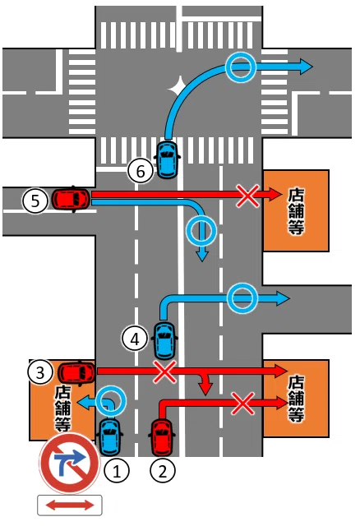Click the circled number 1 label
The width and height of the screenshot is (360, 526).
tap(117, 471)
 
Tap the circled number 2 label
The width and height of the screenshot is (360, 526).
tap(163, 471)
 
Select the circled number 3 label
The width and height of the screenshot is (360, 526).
tap(40, 371)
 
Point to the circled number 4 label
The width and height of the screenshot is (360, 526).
tap(135, 339)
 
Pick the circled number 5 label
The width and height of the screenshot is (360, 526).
tap(35, 201)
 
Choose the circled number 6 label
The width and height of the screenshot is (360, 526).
tap(141, 171)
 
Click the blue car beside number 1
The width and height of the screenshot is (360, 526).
tap(109, 436)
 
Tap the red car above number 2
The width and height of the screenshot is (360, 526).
tap(162, 437)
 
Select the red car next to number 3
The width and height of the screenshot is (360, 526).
tap(76, 372)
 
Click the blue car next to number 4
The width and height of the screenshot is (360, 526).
tap(164, 339)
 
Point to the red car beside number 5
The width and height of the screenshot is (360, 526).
tap(72, 199)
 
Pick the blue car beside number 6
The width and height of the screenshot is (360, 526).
tap(168, 159)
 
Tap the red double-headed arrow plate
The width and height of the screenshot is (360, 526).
tap(69, 505)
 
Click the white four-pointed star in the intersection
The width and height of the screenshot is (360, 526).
tap(179, 87)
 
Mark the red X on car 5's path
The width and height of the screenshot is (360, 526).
tap(247, 196)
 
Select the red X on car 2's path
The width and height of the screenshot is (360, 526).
tap(242, 404)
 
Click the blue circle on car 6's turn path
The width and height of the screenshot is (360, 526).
tap(240, 67)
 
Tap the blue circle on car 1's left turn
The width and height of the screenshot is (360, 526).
tap(111, 401)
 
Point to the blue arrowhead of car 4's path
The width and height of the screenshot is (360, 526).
tap(283, 298)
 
